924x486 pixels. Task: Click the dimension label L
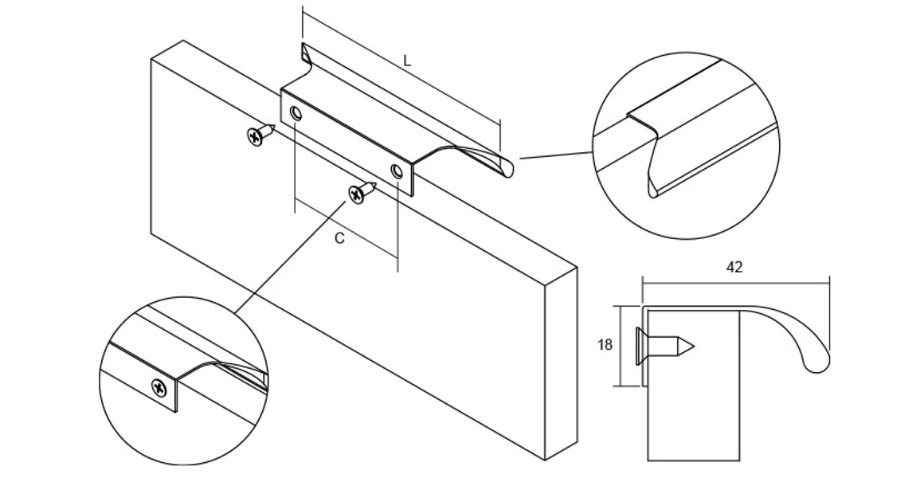(406, 61)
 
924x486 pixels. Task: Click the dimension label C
(339, 238)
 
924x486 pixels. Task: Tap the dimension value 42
(734, 268)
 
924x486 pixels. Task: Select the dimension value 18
(605, 345)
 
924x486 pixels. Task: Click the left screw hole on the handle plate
(296, 114)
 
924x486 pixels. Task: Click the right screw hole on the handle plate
(398, 171)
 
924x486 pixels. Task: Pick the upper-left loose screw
(260, 135)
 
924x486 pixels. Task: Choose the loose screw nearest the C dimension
(362, 193)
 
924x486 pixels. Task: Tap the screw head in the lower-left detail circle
(159, 387)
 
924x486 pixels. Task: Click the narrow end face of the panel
(561, 363)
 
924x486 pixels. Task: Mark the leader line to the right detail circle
(556, 155)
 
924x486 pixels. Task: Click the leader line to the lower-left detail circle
(290, 257)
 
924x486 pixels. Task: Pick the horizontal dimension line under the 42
(736, 284)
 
